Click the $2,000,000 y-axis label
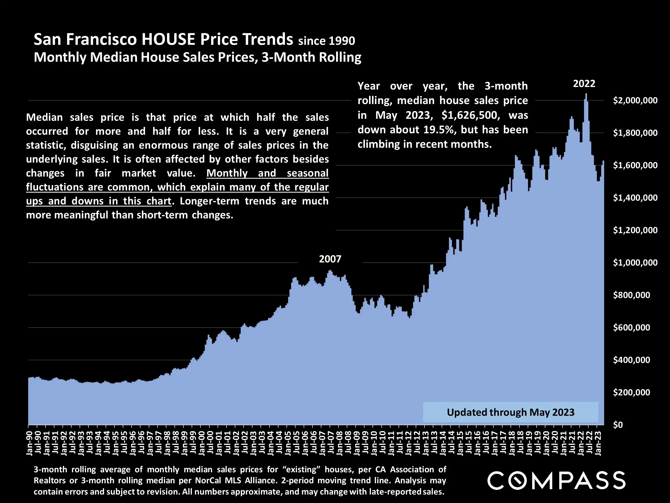pyautogui.click(x=635, y=100)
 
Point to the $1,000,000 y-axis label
pyautogui.click(x=635, y=263)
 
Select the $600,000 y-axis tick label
pyautogui.click(x=631, y=328)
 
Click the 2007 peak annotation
pyautogui.click(x=330, y=259)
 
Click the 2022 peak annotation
pyautogui.click(x=584, y=84)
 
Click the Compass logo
pyautogui.click(x=556, y=480)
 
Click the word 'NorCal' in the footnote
pyautogui.click(x=208, y=480)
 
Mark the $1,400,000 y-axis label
pyautogui.click(x=635, y=198)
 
